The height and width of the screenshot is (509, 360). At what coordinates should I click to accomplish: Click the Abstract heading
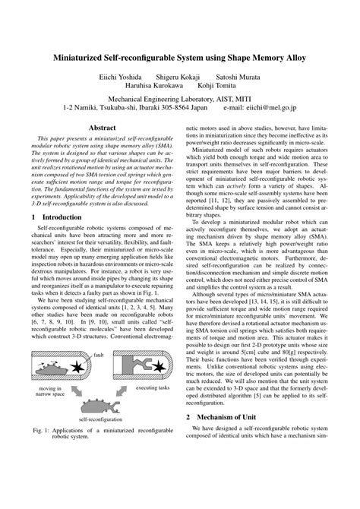coord(103,128)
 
